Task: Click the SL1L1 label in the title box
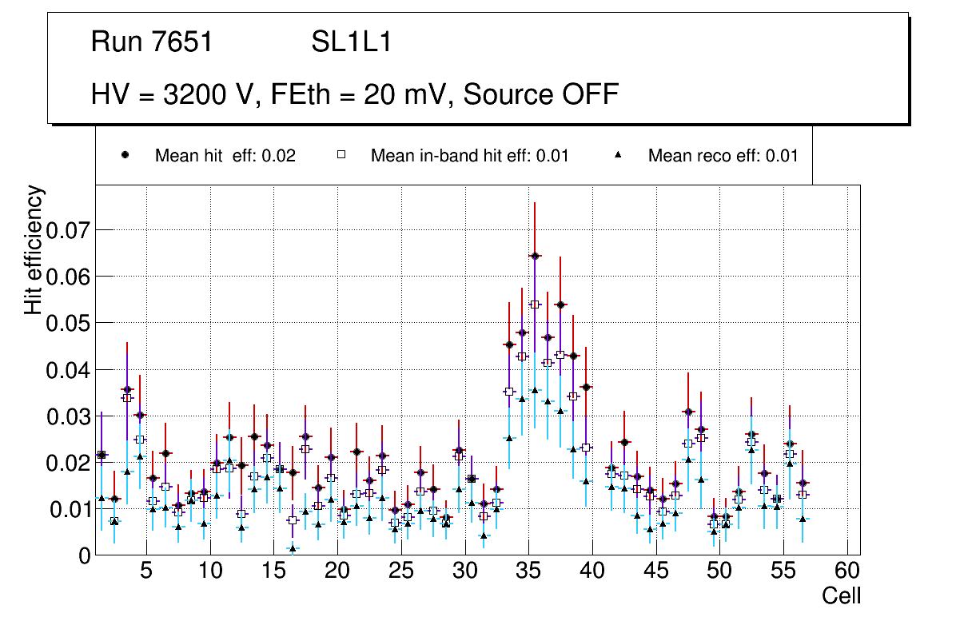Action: coord(352,42)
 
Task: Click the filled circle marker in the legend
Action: coord(125,155)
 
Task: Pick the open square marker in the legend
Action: coord(341,155)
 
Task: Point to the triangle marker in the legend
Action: coord(619,155)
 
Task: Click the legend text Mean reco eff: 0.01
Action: coord(723,155)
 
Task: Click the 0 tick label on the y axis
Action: coord(85,555)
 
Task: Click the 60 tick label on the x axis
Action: coord(847,571)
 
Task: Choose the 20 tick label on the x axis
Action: coord(337,571)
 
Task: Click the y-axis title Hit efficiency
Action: coord(34,249)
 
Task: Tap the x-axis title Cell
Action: coord(841,595)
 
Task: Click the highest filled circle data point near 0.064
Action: coord(535,256)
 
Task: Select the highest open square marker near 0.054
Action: coord(535,304)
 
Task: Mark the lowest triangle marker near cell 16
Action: coord(293,548)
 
